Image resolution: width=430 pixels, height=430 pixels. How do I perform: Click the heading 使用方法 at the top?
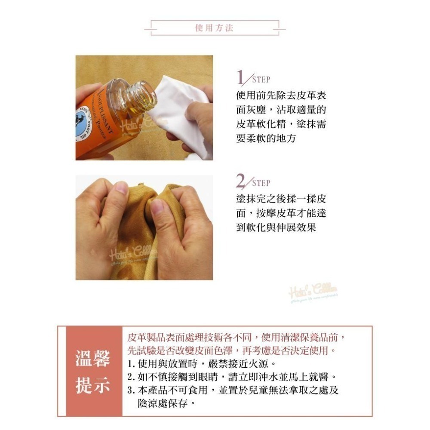pyautogui.click(x=214, y=28)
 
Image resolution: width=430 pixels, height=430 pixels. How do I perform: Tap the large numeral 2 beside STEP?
pyautogui.click(x=241, y=181)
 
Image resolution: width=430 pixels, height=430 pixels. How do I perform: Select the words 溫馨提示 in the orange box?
pyautogui.click(x=92, y=372)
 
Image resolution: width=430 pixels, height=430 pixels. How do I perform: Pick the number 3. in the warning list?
pyautogui.click(x=132, y=391)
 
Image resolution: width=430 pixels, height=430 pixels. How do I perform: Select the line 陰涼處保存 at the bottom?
pyautogui.click(x=163, y=404)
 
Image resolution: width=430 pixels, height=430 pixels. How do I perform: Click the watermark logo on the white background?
pyautogui.click(x=313, y=291)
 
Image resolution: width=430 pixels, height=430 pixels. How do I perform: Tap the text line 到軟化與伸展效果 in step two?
pyautogui.click(x=276, y=227)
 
